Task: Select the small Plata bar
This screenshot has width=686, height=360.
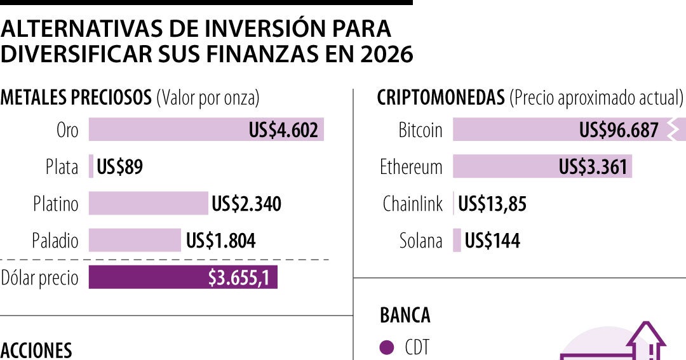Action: (x=91, y=167)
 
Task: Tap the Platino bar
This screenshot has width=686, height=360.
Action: (x=148, y=204)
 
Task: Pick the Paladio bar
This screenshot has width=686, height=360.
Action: (x=135, y=241)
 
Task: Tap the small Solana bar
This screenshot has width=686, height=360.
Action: (x=457, y=241)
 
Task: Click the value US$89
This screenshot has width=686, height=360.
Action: (x=119, y=167)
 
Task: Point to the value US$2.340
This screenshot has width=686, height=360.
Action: (x=246, y=204)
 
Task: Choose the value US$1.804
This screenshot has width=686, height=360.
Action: (x=221, y=241)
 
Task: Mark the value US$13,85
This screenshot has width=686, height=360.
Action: (x=492, y=204)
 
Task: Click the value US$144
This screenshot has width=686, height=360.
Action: (x=492, y=241)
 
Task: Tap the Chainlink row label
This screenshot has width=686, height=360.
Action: (x=412, y=204)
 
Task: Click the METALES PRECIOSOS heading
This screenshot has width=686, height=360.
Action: (x=76, y=98)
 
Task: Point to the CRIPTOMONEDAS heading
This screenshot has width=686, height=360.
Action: (x=441, y=98)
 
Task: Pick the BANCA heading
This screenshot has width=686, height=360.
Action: (x=405, y=315)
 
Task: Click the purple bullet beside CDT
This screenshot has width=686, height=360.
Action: (x=386, y=347)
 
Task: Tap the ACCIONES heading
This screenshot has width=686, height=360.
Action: (x=36, y=350)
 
